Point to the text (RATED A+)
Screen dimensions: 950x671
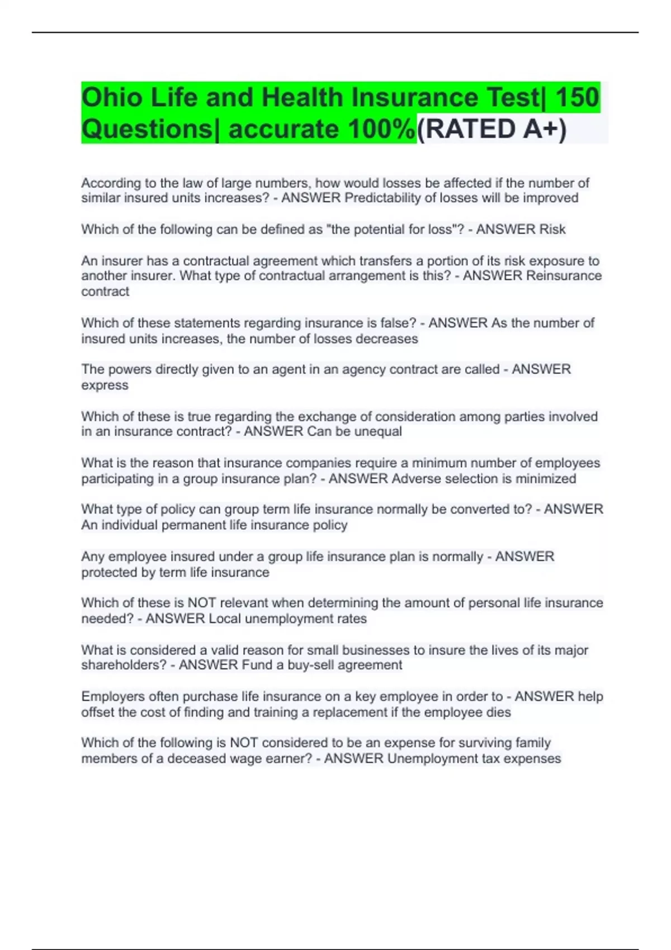click(x=492, y=130)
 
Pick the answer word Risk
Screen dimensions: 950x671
click(x=552, y=229)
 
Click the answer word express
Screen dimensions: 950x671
click(x=105, y=385)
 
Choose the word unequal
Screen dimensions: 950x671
click(x=377, y=431)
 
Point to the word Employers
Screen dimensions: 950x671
click(x=113, y=696)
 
